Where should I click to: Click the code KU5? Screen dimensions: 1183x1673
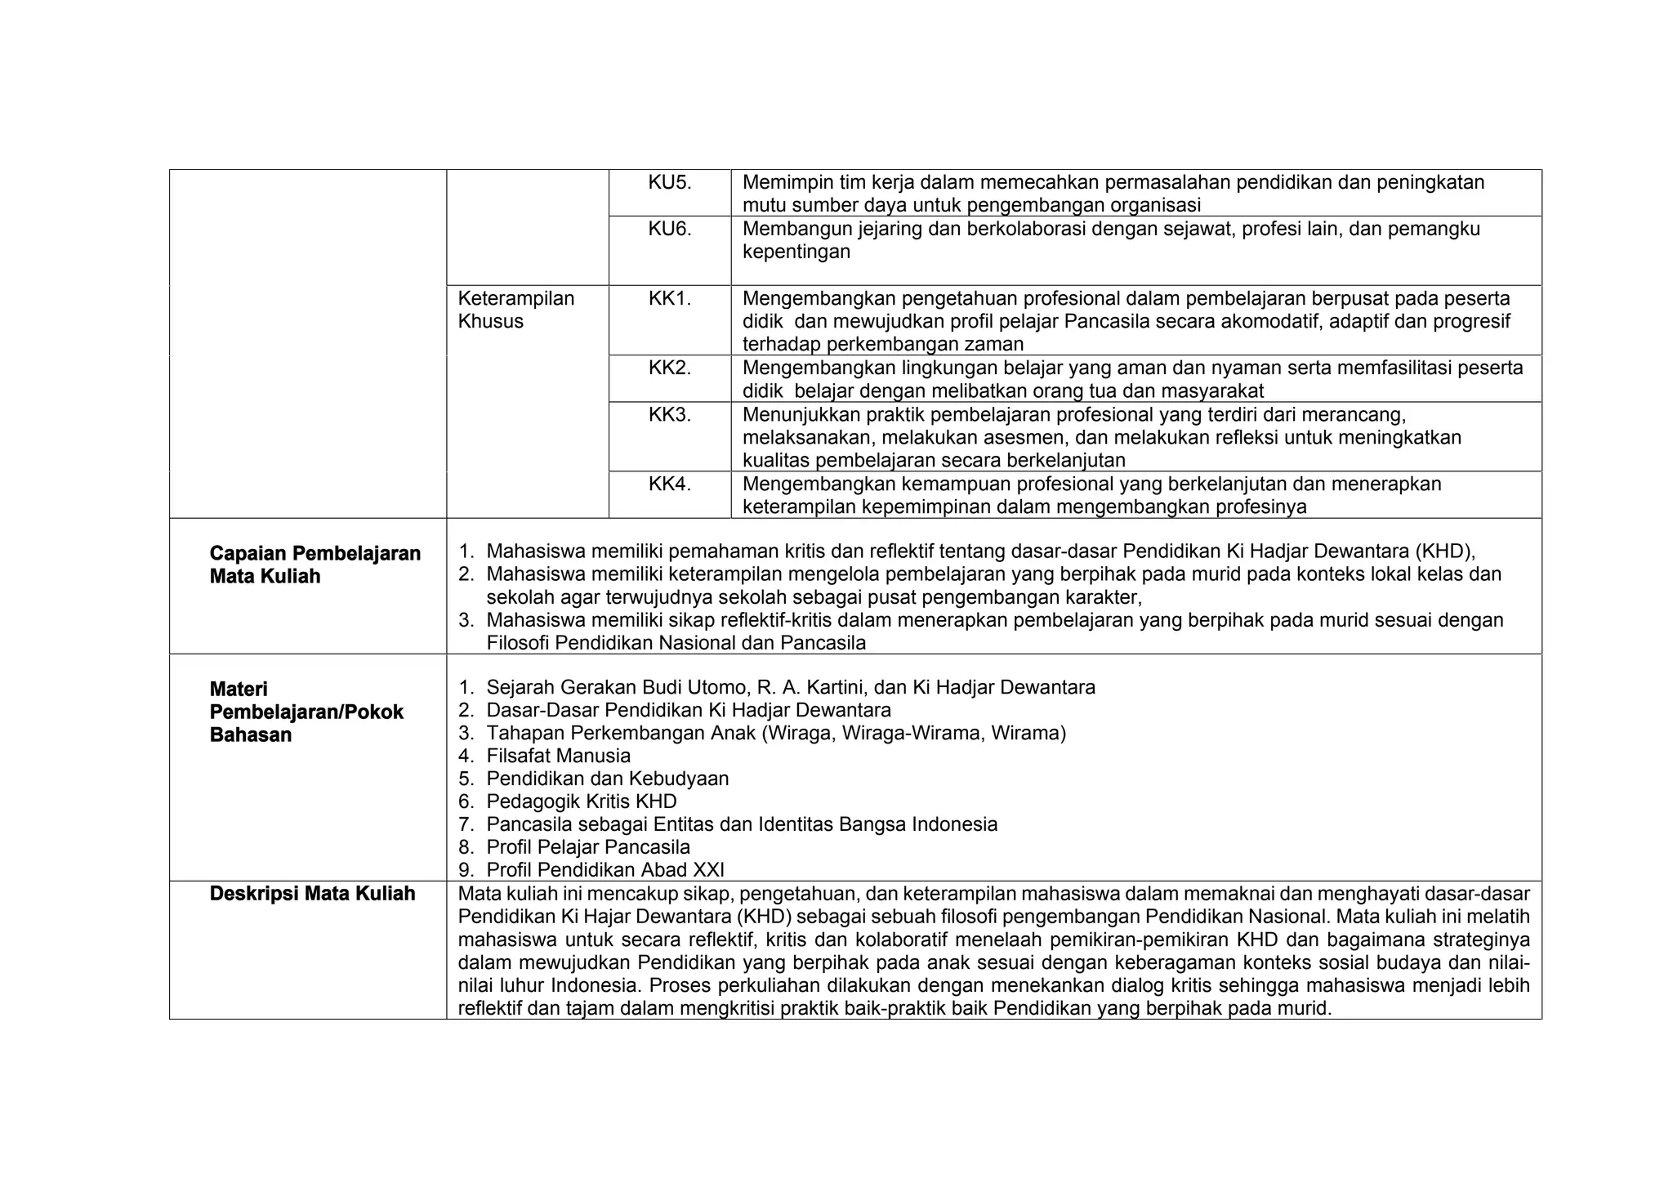[x=670, y=182]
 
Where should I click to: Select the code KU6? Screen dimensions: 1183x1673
[x=670, y=229]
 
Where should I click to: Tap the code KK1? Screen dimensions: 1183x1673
[x=670, y=298]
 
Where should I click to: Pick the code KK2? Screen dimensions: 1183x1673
[x=670, y=368]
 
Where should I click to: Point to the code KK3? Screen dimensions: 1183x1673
[x=670, y=414]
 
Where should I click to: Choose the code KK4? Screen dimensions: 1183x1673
[x=670, y=484]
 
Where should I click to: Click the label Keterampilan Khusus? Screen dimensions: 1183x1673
[x=515, y=310]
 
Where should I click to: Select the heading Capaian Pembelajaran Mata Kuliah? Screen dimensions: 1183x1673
[x=315, y=565]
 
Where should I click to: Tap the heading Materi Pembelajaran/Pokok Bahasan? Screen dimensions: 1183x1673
[x=306, y=712]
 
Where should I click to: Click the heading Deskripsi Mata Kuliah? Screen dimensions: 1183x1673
[x=312, y=893]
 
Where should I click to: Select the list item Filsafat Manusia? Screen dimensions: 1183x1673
[x=558, y=756]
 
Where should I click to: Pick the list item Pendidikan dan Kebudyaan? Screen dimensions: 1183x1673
[x=607, y=779]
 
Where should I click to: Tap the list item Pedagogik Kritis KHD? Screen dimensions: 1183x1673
[x=581, y=801]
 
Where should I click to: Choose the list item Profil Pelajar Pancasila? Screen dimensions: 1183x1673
[x=588, y=847]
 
